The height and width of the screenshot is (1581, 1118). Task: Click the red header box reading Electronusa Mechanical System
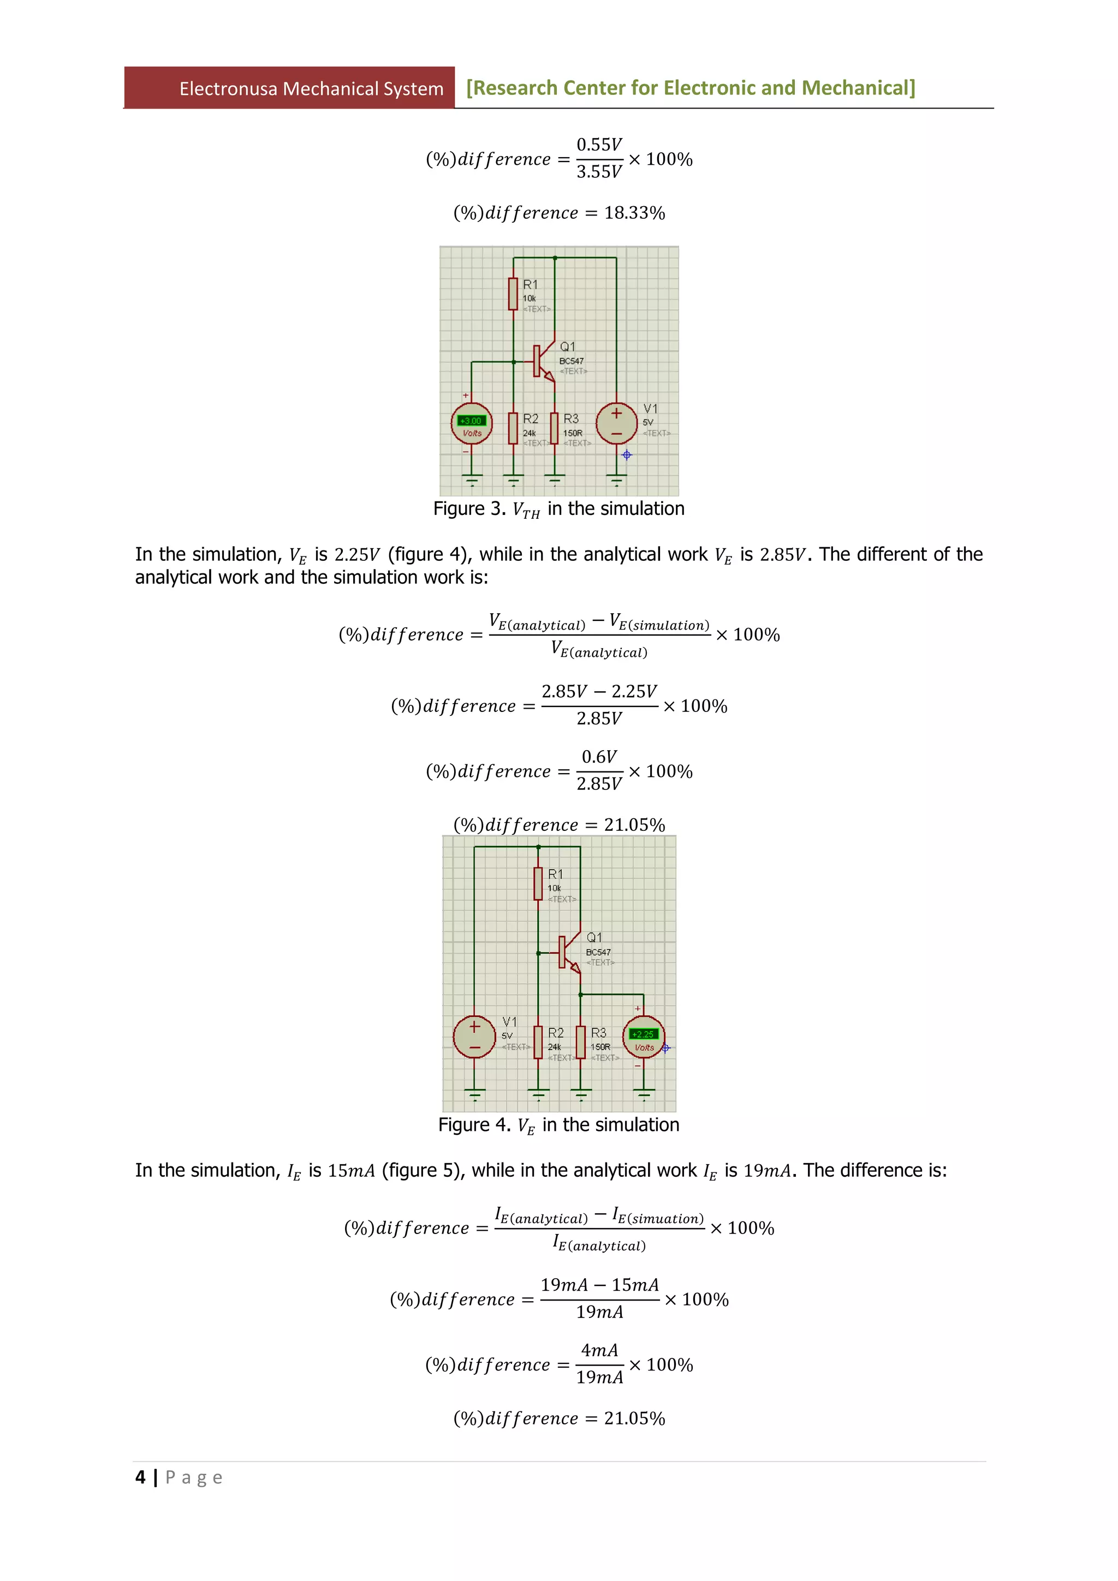point(289,88)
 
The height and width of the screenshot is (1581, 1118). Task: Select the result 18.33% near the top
point(634,213)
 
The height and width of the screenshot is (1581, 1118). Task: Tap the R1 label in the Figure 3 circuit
point(530,284)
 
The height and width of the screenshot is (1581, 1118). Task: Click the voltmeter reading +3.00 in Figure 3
point(471,421)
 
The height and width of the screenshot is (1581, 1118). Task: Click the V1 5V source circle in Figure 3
point(616,423)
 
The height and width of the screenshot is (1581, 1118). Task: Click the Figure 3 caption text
point(558,509)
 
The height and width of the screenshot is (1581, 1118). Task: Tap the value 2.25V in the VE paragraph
point(356,554)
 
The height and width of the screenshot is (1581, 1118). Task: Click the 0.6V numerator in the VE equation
point(599,757)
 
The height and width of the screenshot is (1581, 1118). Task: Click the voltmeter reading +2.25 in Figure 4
point(644,1034)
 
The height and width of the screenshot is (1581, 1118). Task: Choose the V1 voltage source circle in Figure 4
point(474,1037)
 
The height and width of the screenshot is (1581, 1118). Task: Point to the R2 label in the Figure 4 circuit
point(555,1033)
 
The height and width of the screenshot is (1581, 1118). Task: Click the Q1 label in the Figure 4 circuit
point(594,937)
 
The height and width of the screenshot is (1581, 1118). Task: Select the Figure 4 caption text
point(558,1125)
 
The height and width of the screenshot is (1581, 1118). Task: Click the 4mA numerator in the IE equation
point(599,1350)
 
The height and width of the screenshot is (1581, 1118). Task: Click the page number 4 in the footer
point(140,1477)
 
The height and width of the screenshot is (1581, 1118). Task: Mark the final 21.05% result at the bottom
point(634,1418)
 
